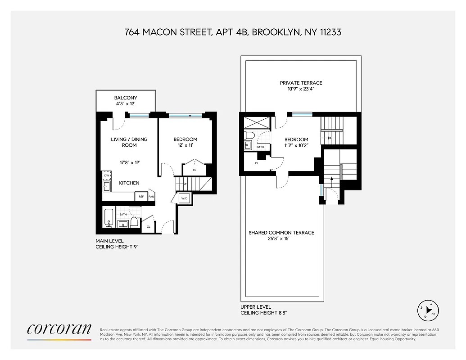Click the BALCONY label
[126, 98]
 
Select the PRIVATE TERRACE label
[301, 83]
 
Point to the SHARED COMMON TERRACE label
[281, 233]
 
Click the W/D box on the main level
[185, 198]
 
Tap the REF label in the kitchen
[141, 197]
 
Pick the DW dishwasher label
[107, 175]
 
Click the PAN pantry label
[151, 197]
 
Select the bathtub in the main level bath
[109, 218]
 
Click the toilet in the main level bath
[134, 221]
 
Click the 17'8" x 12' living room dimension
[129, 163]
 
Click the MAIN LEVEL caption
[109, 241]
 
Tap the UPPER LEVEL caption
[256, 307]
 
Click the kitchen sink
[107, 186]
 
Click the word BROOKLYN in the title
[275, 32]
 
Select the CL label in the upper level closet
[257, 163]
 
